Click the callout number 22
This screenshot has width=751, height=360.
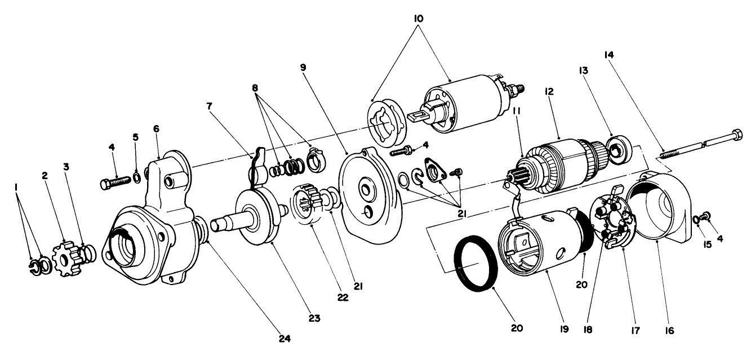(343, 297)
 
